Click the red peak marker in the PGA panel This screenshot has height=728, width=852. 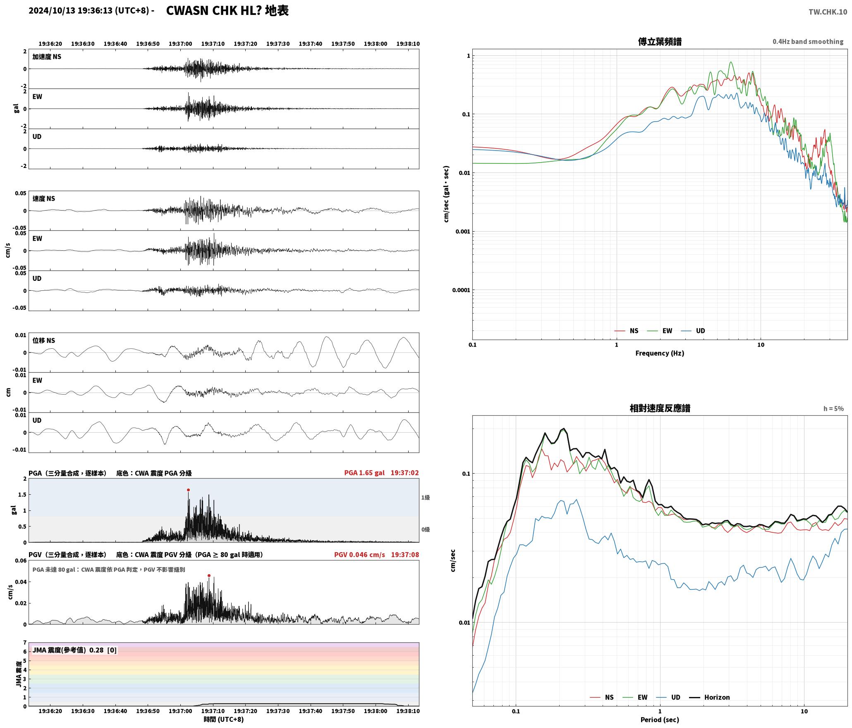188,490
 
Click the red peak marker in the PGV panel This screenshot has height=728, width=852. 209,575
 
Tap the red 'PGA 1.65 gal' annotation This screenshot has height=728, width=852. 364,473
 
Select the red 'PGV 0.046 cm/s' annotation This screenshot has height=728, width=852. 359,555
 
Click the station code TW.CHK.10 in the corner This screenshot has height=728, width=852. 828,12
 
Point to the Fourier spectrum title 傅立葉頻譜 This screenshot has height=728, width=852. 660,42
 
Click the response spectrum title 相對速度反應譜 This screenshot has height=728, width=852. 660,408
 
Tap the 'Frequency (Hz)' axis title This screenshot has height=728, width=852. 660,353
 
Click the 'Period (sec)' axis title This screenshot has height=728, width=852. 660,720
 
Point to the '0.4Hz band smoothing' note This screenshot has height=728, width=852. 808,41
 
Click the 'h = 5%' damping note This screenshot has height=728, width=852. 833,409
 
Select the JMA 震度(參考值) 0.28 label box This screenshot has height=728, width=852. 74,650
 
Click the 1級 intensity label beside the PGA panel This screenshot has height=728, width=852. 426,498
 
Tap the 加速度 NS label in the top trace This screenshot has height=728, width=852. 47,57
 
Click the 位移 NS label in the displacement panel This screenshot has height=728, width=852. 43,340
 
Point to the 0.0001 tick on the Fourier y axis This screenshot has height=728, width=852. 461,290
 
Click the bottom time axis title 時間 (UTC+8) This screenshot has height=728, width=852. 224,719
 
